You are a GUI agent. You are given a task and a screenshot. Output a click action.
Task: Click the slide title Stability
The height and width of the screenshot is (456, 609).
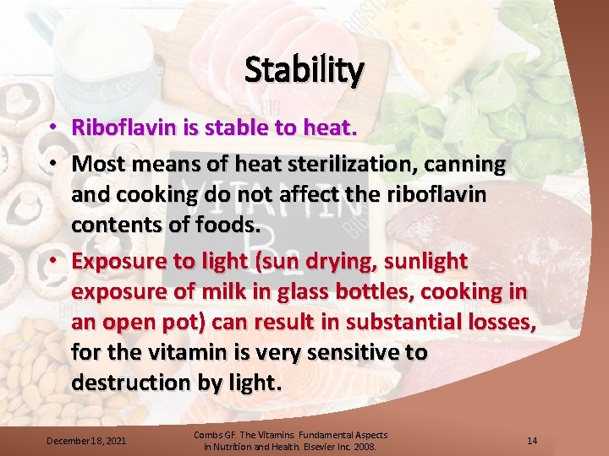pyautogui.click(x=304, y=70)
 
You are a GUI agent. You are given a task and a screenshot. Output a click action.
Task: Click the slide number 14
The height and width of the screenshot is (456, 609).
pyautogui.click(x=532, y=440)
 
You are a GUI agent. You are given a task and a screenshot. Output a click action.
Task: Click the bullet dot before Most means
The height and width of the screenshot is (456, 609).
pyautogui.click(x=52, y=162)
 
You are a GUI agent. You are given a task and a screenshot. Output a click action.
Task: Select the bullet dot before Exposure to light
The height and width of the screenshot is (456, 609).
pyautogui.click(x=52, y=260)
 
